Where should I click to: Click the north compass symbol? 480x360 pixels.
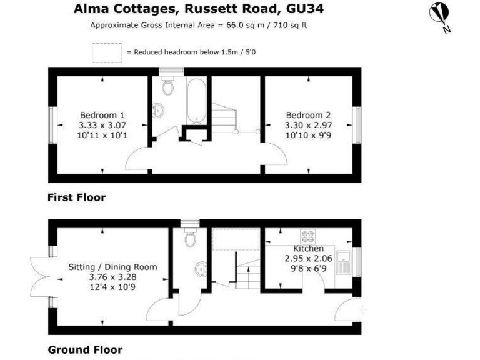click(x=439, y=16)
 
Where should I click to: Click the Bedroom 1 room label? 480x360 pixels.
click(x=102, y=115)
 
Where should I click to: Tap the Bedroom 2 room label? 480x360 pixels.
click(x=308, y=115)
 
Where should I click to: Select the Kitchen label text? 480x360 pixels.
click(x=309, y=249)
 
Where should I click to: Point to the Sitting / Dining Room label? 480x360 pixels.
click(x=112, y=267)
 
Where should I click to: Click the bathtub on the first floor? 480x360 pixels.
click(x=195, y=100)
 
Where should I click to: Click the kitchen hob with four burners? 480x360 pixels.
click(x=308, y=236)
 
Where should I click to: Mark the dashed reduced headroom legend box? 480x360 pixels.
click(x=107, y=52)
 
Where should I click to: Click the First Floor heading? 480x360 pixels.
click(x=76, y=197)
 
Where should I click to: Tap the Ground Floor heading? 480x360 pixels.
click(x=85, y=350)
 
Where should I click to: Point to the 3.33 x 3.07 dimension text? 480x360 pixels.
click(x=102, y=125)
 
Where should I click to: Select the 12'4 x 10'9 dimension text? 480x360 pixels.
click(x=112, y=287)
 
